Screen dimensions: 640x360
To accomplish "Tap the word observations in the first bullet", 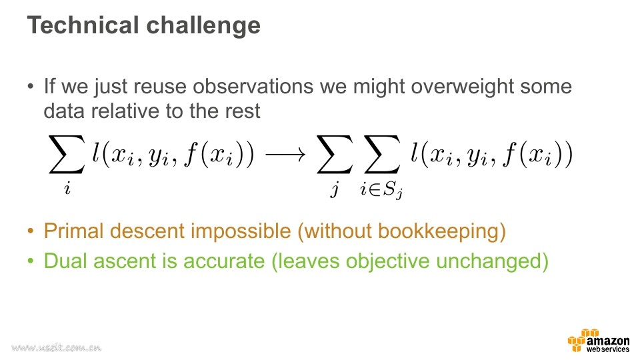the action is tap(253, 86).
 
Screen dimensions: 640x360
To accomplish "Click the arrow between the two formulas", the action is tap(285, 154).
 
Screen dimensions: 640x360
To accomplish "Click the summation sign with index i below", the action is tap(67, 154).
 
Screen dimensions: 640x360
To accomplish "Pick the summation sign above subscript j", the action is tap(335, 154).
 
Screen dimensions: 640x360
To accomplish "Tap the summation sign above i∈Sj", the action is tap(381, 154).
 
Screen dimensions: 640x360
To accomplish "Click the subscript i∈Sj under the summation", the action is tap(381, 189).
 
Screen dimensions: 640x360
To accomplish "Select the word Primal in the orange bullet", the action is tap(74, 231).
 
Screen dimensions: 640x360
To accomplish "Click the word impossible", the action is tap(241, 232).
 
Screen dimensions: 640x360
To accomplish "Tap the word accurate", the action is tap(224, 261).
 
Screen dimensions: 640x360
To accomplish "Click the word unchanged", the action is tap(488, 262).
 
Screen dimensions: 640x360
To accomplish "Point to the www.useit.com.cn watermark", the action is tap(56, 347).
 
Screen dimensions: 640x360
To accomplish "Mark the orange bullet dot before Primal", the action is tap(30, 231).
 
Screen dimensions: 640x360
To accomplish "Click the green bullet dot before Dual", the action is tap(30, 261).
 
